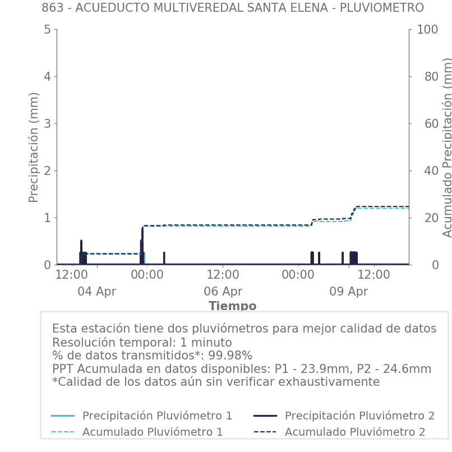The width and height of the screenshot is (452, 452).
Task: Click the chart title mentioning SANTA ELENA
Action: [232, 8]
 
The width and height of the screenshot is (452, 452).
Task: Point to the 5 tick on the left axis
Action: [47, 29]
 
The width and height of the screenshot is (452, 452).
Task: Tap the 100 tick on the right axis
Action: [427, 29]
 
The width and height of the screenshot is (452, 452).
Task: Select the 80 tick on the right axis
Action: [424, 76]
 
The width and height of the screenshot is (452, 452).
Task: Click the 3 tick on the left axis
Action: [47, 123]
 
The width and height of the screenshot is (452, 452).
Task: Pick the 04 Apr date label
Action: [96, 292]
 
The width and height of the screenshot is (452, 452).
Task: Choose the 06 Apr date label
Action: [223, 292]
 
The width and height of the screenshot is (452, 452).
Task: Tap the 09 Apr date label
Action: [348, 292]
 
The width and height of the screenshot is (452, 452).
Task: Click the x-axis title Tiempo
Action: [232, 306]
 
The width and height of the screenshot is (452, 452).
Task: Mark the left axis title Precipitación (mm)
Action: [34, 147]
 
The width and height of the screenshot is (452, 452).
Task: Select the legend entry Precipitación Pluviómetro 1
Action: [157, 416]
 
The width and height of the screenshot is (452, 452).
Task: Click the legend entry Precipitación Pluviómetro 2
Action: [359, 416]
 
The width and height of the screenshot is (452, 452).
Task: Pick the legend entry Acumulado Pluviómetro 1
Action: [153, 432]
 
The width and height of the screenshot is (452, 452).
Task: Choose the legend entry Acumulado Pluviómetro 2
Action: [355, 432]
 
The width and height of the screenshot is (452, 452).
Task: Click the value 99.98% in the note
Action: [230, 356]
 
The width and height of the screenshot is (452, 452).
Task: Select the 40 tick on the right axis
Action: [424, 170]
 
